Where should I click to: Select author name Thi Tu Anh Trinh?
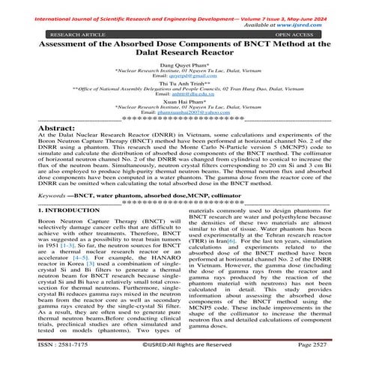tap(184, 84)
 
